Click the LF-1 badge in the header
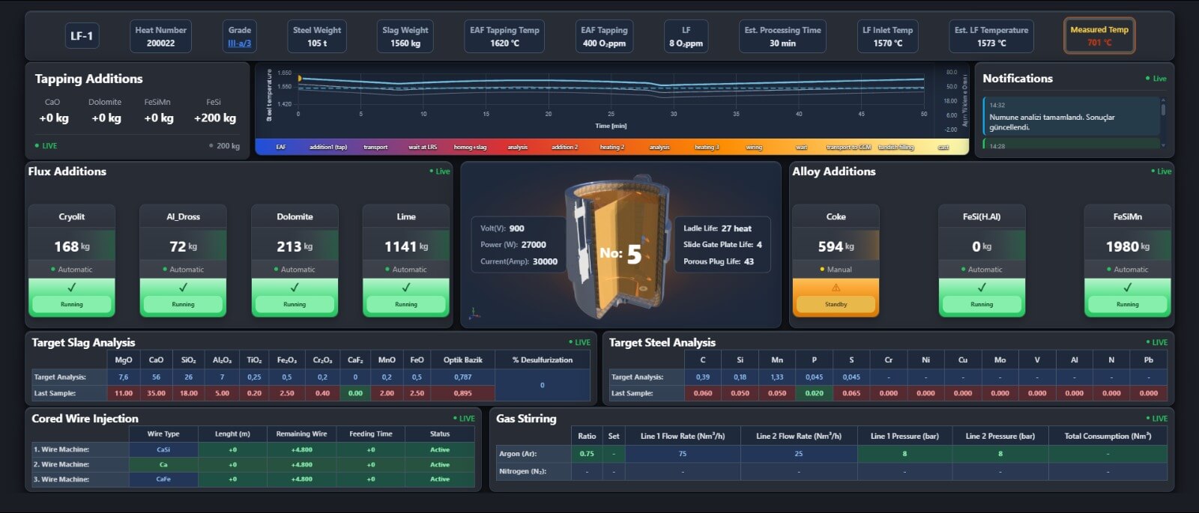[x=82, y=36]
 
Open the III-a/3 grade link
[x=240, y=43]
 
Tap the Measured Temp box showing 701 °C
[x=1099, y=36]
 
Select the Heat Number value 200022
[x=160, y=43]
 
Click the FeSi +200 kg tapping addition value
[x=215, y=118]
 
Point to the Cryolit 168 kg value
[x=71, y=246]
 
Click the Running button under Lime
[x=406, y=304]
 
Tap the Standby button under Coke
[x=836, y=304]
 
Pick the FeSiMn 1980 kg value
[x=1127, y=246]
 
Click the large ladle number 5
[x=634, y=255]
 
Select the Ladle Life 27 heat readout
[x=717, y=228]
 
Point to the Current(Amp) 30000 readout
[x=519, y=261]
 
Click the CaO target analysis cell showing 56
[x=156, y=377]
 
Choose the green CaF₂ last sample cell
[x=355, y=393]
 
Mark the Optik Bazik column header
[x=462, y=360]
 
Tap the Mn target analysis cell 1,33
[x=777, y=377]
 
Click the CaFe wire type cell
[x=163, y=479]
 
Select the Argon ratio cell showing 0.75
[x=587, y=454]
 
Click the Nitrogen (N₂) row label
[x=522, y=472]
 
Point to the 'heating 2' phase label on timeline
[x=611, y=148]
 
